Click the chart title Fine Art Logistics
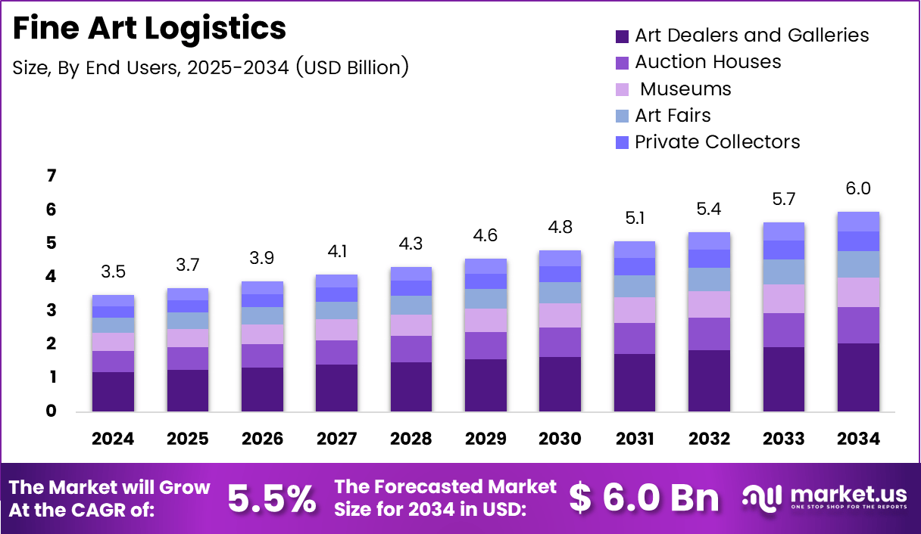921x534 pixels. pyautogui.click(x=150, y=29)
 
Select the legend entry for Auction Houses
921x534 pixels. pyautogui.click(x=707, y=62)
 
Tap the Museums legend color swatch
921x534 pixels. pyautogui.click(x=623, y=89)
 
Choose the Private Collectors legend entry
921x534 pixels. pyautogui.click(x=717, y=141)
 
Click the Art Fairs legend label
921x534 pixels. pyautogui.click(x=673, y=115)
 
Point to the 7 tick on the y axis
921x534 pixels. pyautogui.click(x=52, y=175)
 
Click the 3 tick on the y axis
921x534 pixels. pyautogui.click(x=52, y=310)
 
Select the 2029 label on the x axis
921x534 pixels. pyautogui.click(x=485, y=439)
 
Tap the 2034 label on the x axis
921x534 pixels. pyautogui.click(x=858, y=439)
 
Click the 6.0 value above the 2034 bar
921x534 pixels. pyautogui.click(x=858, y=188)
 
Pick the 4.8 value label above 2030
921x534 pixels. pyautogui.click(x=560, y=228)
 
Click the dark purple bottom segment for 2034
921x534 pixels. pyautogui.click(x=858, y=377)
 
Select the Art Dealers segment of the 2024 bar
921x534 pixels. pyautogui.click(x=113, y=391)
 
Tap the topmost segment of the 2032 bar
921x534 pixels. pyautogui.click(x=709, y=241)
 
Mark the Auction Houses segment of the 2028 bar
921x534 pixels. pyautogui.click(x=411, y=349)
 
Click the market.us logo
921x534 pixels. pyautogui.click(x=824, y=497)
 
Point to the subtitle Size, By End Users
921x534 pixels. pyautogui.click(x=211, y=67)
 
